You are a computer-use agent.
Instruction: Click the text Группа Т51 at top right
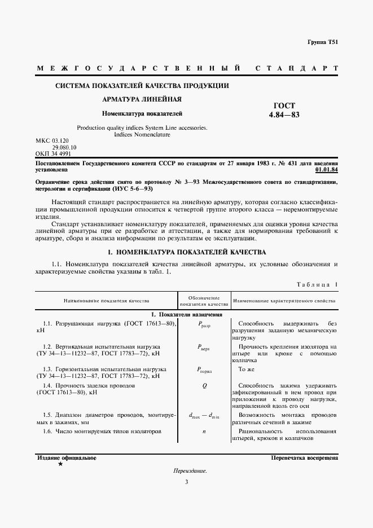pos(323,43)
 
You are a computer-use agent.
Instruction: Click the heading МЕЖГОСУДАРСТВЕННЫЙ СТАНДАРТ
pos(187,68)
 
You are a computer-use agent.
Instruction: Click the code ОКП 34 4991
pos(53,153)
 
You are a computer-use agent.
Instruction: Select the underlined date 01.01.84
pos(326,169)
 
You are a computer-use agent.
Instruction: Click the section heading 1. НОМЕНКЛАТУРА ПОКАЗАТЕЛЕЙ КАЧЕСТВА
pos(186,252)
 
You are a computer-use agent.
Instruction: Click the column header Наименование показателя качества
pos(106,301)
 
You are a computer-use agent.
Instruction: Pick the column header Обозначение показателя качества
pos(203,301)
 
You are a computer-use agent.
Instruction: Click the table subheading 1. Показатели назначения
pos(186,314)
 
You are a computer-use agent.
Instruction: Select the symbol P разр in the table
pos(204,324)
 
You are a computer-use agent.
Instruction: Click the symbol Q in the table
pos(204,386)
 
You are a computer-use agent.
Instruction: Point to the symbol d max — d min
pos(204,416)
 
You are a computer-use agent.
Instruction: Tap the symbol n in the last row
pos(204,432)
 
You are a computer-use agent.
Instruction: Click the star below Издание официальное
pos(60,464)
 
